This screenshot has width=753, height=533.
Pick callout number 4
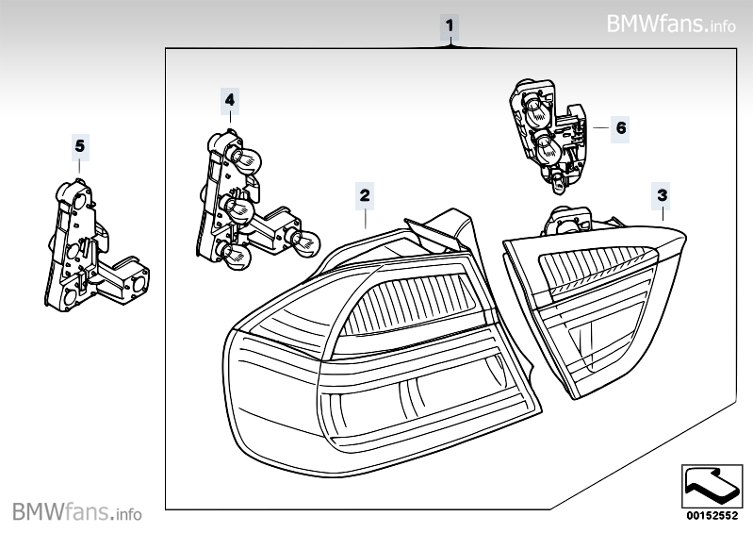coord(230,97)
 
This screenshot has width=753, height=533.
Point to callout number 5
coord(79,145)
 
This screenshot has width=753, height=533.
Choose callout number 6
coord(620,125)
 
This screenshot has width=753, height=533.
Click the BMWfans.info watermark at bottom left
coord(75,513)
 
